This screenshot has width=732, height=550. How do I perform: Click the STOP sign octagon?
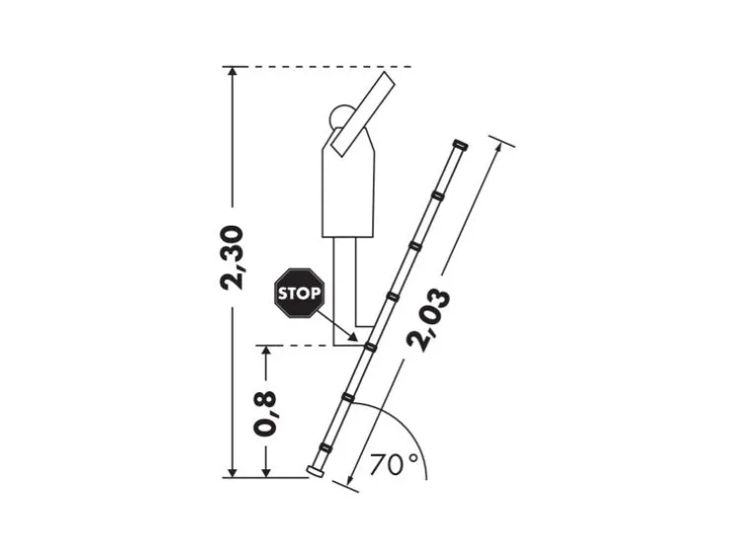pos(298,293)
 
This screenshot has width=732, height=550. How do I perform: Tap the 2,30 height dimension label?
pos(233,257)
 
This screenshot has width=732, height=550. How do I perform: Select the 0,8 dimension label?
pos(265,413)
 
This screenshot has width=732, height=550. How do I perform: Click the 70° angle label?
pos(394,464)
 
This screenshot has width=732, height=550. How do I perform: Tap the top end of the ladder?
pos(459,146)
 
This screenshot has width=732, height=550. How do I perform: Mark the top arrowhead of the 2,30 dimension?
pos(233,72)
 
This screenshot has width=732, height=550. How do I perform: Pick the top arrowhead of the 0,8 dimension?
pos(265,351)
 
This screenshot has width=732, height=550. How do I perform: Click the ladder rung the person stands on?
pos(371,346)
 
